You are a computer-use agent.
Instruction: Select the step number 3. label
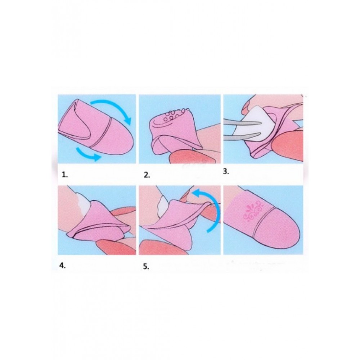click(226, 172)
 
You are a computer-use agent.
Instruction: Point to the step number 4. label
click(62, 266)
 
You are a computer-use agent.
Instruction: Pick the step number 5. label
click(146, 266)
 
